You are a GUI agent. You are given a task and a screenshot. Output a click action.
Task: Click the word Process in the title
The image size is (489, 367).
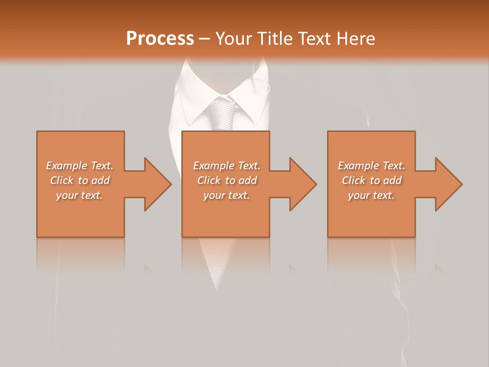coord(160,39)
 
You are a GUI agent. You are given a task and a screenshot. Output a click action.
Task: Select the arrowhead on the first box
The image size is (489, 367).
coord(155,184)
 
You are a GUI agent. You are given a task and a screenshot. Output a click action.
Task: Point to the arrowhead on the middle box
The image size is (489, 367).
coord(300,184)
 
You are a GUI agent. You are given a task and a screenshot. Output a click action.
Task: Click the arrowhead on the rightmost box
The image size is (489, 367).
coord(446,184)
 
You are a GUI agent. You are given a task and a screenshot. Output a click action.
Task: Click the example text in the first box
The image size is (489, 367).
coord(80,180)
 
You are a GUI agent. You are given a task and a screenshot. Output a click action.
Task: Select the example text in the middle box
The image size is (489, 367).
coord(227,180)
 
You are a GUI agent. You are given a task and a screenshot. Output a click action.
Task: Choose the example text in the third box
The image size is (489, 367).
coord(371,180)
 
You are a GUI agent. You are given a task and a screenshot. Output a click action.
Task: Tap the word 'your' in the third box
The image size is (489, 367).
coord(359,195)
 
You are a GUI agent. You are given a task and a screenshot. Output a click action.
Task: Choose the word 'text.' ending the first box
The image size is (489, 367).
coord(91,195)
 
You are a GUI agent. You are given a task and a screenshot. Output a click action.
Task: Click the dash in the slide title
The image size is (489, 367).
coord(204,39)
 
